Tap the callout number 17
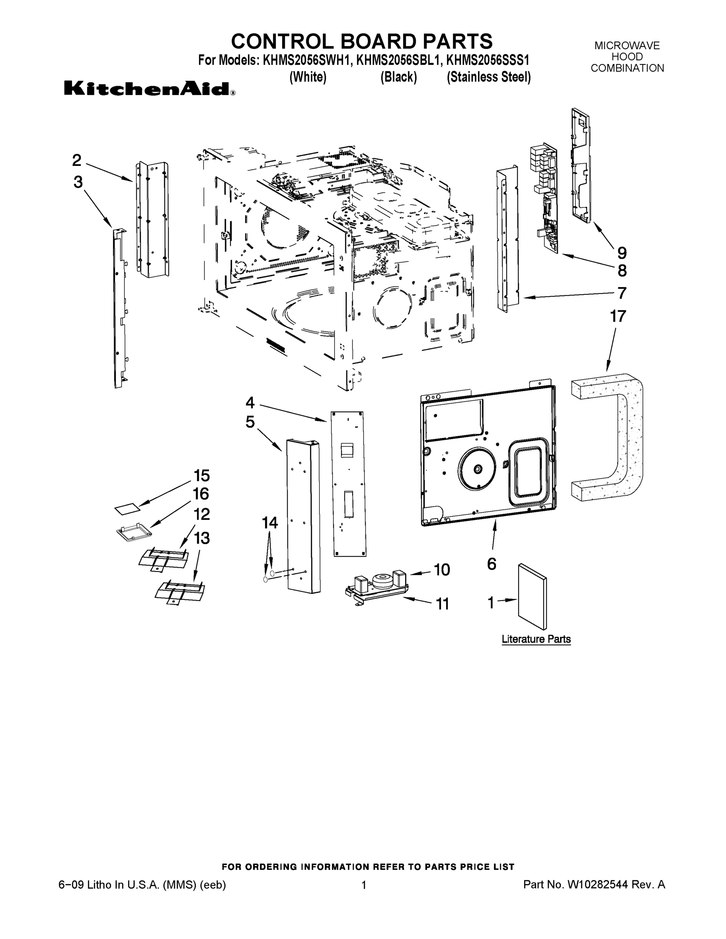(x=618, y=317)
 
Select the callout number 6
(x=492, y=564)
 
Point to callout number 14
(x=270, y=523)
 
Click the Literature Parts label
(x=536, y=639)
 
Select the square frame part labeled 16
(x=134, y=532)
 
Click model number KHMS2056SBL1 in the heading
(x=398, y=60)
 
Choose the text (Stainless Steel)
(x=488, y=77)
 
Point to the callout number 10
(x=442, y=570)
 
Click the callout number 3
(x=78, y=182)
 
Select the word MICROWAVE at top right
(x=627, y=45)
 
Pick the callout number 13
(x=201, y=538)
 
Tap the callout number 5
(x=250, y=422)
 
